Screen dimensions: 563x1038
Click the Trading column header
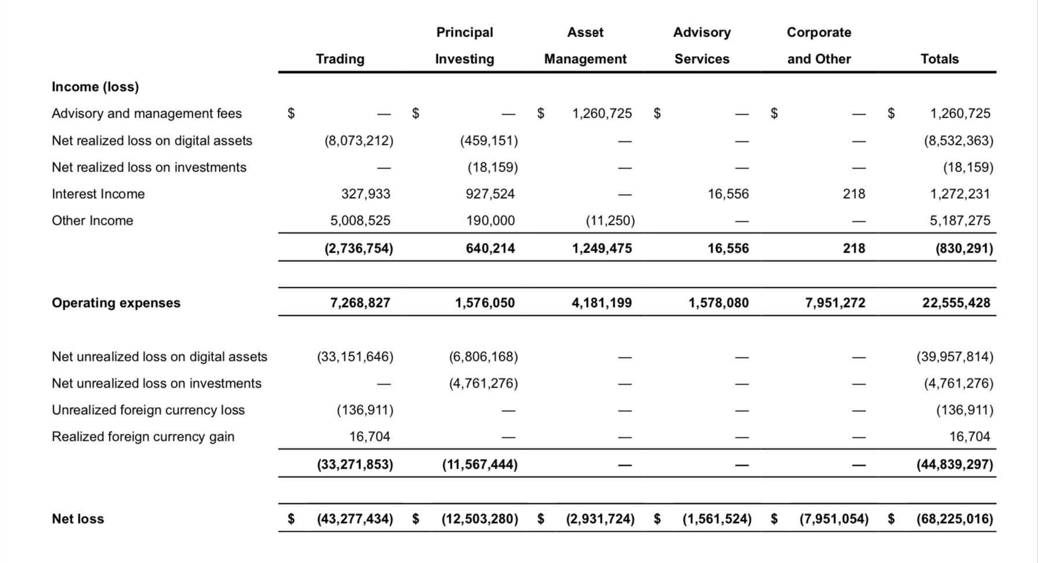point(340,59)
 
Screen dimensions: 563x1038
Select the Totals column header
point(940,59)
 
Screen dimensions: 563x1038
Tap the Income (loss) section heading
point(95,87)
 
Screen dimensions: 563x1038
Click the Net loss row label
point(78,519)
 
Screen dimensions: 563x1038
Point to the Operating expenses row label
point(116,303)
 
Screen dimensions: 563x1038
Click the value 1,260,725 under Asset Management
point(602,114)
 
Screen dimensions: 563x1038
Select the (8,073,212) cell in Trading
point(359,141)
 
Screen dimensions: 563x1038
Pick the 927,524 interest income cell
point(490,194)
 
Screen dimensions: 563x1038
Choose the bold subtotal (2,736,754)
point(359,248)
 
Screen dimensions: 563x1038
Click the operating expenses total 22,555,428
point(956,303)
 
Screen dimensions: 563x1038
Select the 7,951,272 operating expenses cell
point(835,303)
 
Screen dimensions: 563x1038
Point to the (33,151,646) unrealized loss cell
point(354,357)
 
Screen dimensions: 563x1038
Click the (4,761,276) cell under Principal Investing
point(483,383)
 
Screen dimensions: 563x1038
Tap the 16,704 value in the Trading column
point(370,437)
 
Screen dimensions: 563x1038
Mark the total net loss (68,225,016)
point(955,519)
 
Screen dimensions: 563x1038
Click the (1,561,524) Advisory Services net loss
point(717,519)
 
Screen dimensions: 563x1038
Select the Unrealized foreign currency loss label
point(148,410)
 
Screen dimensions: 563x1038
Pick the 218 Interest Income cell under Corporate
point(854,194)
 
